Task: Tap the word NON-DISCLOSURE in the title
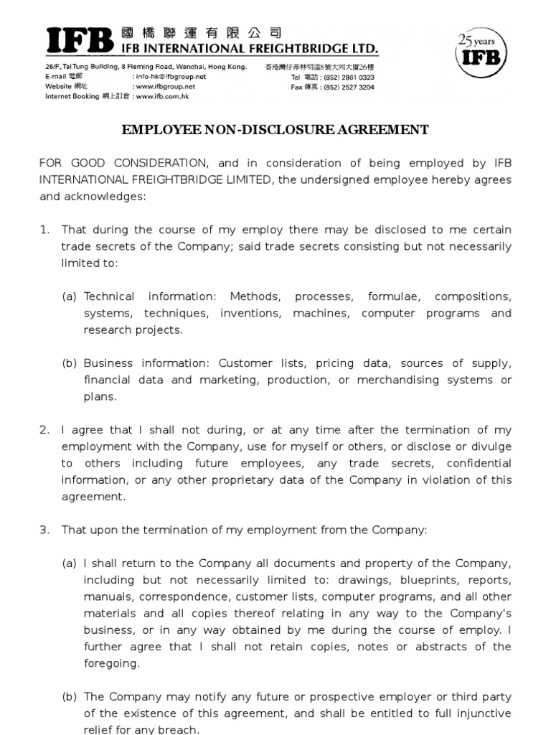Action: coord(253,130)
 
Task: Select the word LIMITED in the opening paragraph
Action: coord(247,179)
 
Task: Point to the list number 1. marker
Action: coord(44,230)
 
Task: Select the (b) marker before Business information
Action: coord(70,363)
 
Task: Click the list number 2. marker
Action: coord(44,430)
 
